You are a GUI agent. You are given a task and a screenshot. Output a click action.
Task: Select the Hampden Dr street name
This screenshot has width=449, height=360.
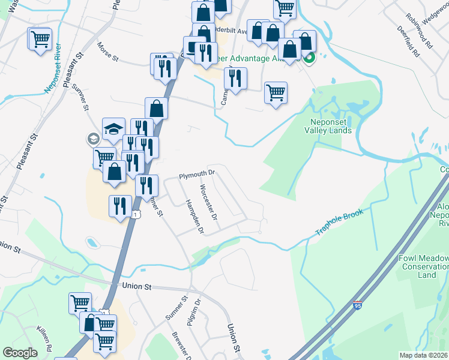pos(194,217)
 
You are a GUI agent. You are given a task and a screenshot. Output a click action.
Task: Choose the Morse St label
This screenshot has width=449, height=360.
pos(109,53)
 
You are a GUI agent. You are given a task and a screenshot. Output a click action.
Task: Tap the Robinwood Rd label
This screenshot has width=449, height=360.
pos(419,31)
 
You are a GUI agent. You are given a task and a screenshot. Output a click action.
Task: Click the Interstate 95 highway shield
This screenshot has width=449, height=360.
pos(358,305)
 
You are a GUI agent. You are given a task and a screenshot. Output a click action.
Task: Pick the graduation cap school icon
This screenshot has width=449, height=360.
pos(113,128)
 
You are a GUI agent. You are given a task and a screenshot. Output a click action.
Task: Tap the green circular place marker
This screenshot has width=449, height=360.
pos(309,58)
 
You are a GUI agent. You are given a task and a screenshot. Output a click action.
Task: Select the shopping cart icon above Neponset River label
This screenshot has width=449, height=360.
pos(40,39)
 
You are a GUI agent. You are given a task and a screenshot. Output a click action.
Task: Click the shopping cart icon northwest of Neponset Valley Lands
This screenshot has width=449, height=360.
pos(276,92)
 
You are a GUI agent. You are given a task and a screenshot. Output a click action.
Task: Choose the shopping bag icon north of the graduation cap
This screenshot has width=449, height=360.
pos(156,109)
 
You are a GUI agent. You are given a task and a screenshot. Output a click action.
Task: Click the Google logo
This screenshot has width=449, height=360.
pos(20,353)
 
